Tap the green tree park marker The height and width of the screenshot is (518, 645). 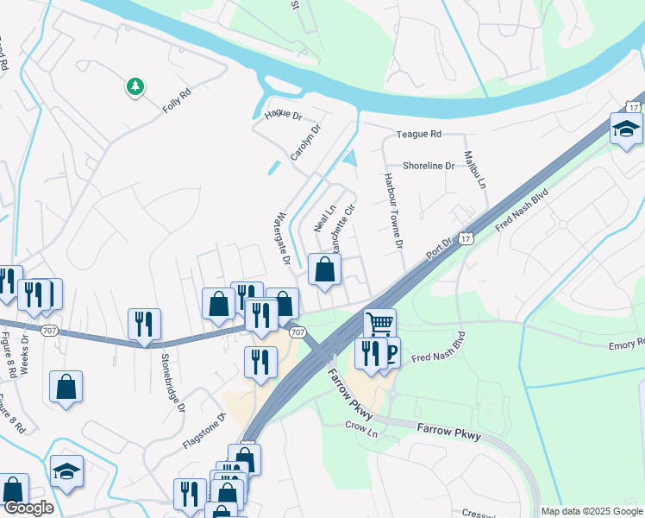pyautogui.click(x=135, y=86)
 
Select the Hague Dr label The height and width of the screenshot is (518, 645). pyautogui.click(x=283, y=115)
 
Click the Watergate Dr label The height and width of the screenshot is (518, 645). pyautogui.click(x=281, y=239)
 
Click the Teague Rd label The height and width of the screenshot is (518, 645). pyautogui.click(x=418, y=135)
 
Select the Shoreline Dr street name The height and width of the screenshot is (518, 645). pyautogui.click(x=428, y=166)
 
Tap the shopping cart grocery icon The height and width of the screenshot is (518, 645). pyautogui.click(x=379, y=325)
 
